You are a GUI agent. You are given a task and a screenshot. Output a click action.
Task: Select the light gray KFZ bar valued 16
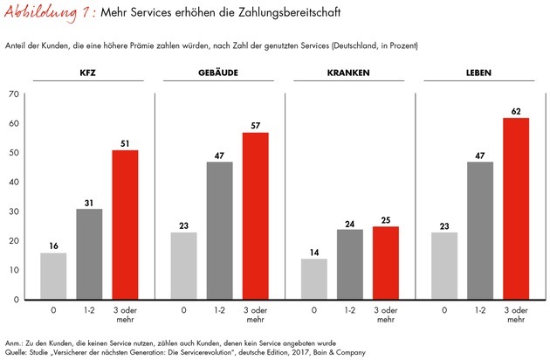pyautogui.click(x=52, y=276)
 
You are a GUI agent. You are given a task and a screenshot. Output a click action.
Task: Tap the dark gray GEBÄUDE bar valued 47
pyautogui.click(x=218, y=231)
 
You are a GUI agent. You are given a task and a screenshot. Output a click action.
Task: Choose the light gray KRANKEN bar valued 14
pyautogui.click(x=313, y=279)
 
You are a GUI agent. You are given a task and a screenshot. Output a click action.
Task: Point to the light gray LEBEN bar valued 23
pyautogui.click(x=443, y=266)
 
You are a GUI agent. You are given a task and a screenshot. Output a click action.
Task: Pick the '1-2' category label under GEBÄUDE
pyautogui.click(x=218, y=310)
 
